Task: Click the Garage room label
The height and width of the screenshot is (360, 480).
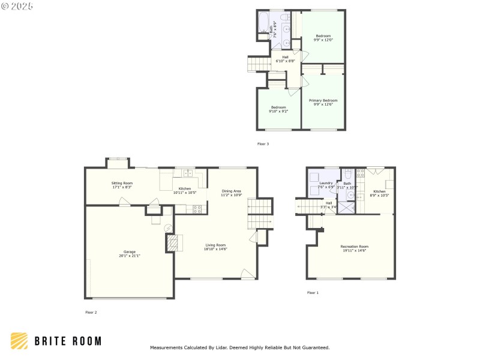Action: pyautogui.click(x=130, y=254)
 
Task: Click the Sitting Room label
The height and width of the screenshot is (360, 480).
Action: pyautogui.click(x=122, y=185)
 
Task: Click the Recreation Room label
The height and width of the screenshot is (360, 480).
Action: pyautogui.click(x=354, y=248)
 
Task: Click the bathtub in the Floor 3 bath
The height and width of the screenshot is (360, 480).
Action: pyautogui.click(x=263, y=23)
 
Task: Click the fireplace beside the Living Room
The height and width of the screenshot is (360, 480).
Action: pyautogui.click(x=172, y=242)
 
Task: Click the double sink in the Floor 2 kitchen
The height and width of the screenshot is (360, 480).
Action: pyautogui.click(x=188, y=174)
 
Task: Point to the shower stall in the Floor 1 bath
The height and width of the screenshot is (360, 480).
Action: pyautogui.click(x=346, y=207)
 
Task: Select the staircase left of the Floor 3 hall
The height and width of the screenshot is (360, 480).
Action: pyautogui.click(x=258, y=64)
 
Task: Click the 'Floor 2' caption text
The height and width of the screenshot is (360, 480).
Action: pyautogui.click(x=91, y=312)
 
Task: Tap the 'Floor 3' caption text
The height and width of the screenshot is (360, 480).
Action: pyautogui.click(x=263, y=144)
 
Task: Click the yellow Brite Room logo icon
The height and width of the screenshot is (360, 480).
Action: pyautogui.click(x=19, y=341)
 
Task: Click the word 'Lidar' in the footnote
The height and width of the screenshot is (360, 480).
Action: pyautogui.click(x=238, y=347)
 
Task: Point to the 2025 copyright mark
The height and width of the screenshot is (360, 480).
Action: pyautogui.click(x=17, y=5)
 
